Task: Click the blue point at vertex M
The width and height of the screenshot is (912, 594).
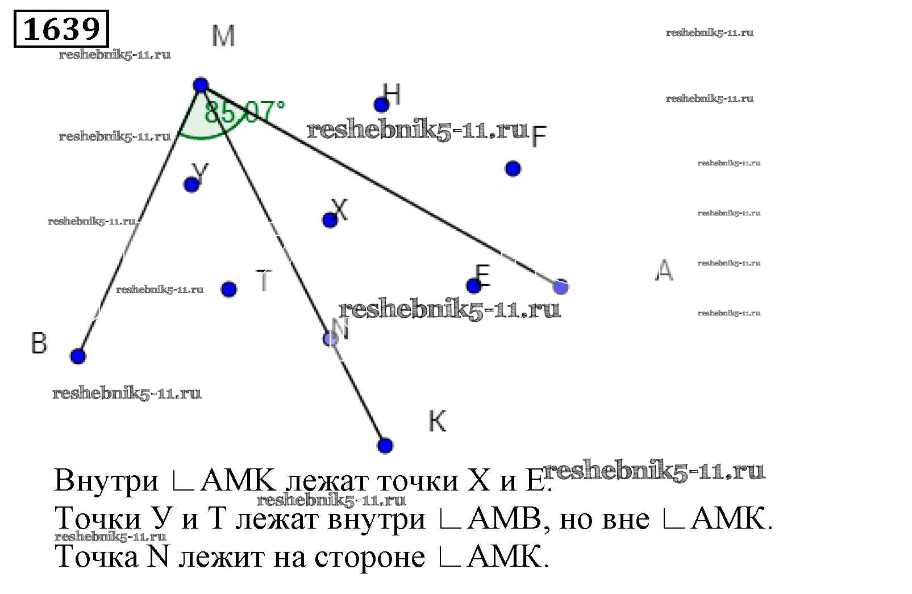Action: [x=201, y=85]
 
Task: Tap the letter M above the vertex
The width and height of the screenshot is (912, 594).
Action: [x=223, y=36]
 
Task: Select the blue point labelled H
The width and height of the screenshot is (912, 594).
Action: [x=381, y=104]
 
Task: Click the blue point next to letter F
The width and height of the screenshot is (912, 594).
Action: [x=513, y=169]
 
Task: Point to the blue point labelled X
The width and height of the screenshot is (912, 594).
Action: [x=330, y=220]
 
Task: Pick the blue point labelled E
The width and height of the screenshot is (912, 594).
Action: [x=473, y=285]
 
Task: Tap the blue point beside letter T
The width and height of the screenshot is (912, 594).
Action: [x=228, y=289]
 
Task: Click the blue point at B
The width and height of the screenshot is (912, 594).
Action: [x=78, y=356]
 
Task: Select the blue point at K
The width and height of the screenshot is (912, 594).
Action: [x=385, y=445]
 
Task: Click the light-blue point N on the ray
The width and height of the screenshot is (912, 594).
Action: [x=330, y=339]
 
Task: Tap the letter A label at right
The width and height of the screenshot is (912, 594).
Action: [x=664, y=271]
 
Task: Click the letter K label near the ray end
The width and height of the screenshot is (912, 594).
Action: [x=437, y=421]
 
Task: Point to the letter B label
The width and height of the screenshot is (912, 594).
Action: [x=39, y=343]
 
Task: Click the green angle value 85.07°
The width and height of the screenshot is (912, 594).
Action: [x=244, y=112]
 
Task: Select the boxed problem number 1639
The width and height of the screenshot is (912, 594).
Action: [x=61, y=28]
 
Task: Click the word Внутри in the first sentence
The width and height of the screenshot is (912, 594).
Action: [x=106, y=481]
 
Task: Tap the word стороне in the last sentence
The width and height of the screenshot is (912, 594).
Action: [x=369, y=557]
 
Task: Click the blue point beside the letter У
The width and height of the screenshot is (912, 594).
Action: [x=191, y=184]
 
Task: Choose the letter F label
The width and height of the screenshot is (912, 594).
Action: [x=539, y=136]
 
